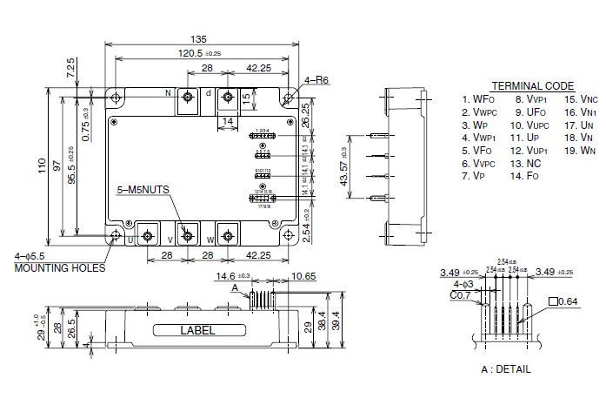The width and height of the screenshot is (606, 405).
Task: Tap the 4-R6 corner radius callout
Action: coord(317,81)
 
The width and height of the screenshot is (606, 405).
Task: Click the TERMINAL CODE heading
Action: coord(532,86)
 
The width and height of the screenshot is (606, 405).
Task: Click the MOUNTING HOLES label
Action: coord(59,268)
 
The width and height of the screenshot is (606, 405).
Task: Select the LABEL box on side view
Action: coord(196,331)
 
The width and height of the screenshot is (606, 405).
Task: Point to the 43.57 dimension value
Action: coord(344,166)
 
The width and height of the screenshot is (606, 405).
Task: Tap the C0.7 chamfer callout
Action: coord(461,295)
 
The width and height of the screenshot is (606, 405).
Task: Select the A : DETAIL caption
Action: coord(505,369)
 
